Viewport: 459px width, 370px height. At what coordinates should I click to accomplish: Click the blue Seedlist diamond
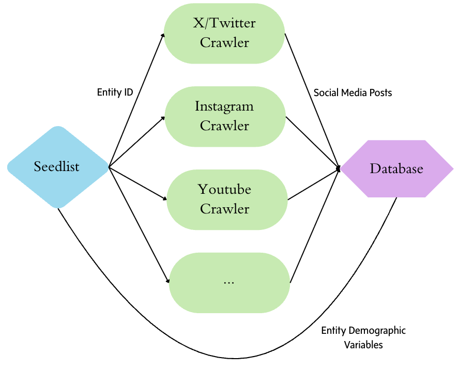[57, 167]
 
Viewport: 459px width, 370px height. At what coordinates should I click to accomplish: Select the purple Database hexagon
[396, 168]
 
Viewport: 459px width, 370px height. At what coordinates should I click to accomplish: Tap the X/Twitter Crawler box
[224, 33]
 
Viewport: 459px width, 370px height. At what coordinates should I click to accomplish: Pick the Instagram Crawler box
[224, 116]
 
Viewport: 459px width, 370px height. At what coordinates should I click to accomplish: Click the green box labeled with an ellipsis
[229, 282]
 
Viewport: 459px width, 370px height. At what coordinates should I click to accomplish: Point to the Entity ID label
[115, 92]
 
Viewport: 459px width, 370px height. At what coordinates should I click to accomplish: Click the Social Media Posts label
[353, 92]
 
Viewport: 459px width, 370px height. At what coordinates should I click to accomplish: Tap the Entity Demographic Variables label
[363, 337]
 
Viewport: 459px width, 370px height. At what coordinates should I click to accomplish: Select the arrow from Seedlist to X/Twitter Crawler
[136, 101]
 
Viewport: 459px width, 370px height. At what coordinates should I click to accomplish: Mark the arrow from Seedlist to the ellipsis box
[139, 225]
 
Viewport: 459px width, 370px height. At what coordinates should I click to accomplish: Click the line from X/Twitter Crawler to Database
[312, 101]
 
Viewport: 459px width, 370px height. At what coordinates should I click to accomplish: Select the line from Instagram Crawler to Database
[312, 142]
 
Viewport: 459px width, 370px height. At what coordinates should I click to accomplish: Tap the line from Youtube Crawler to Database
[313, 184]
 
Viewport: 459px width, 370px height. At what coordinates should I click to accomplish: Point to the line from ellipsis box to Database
[314, 225]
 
